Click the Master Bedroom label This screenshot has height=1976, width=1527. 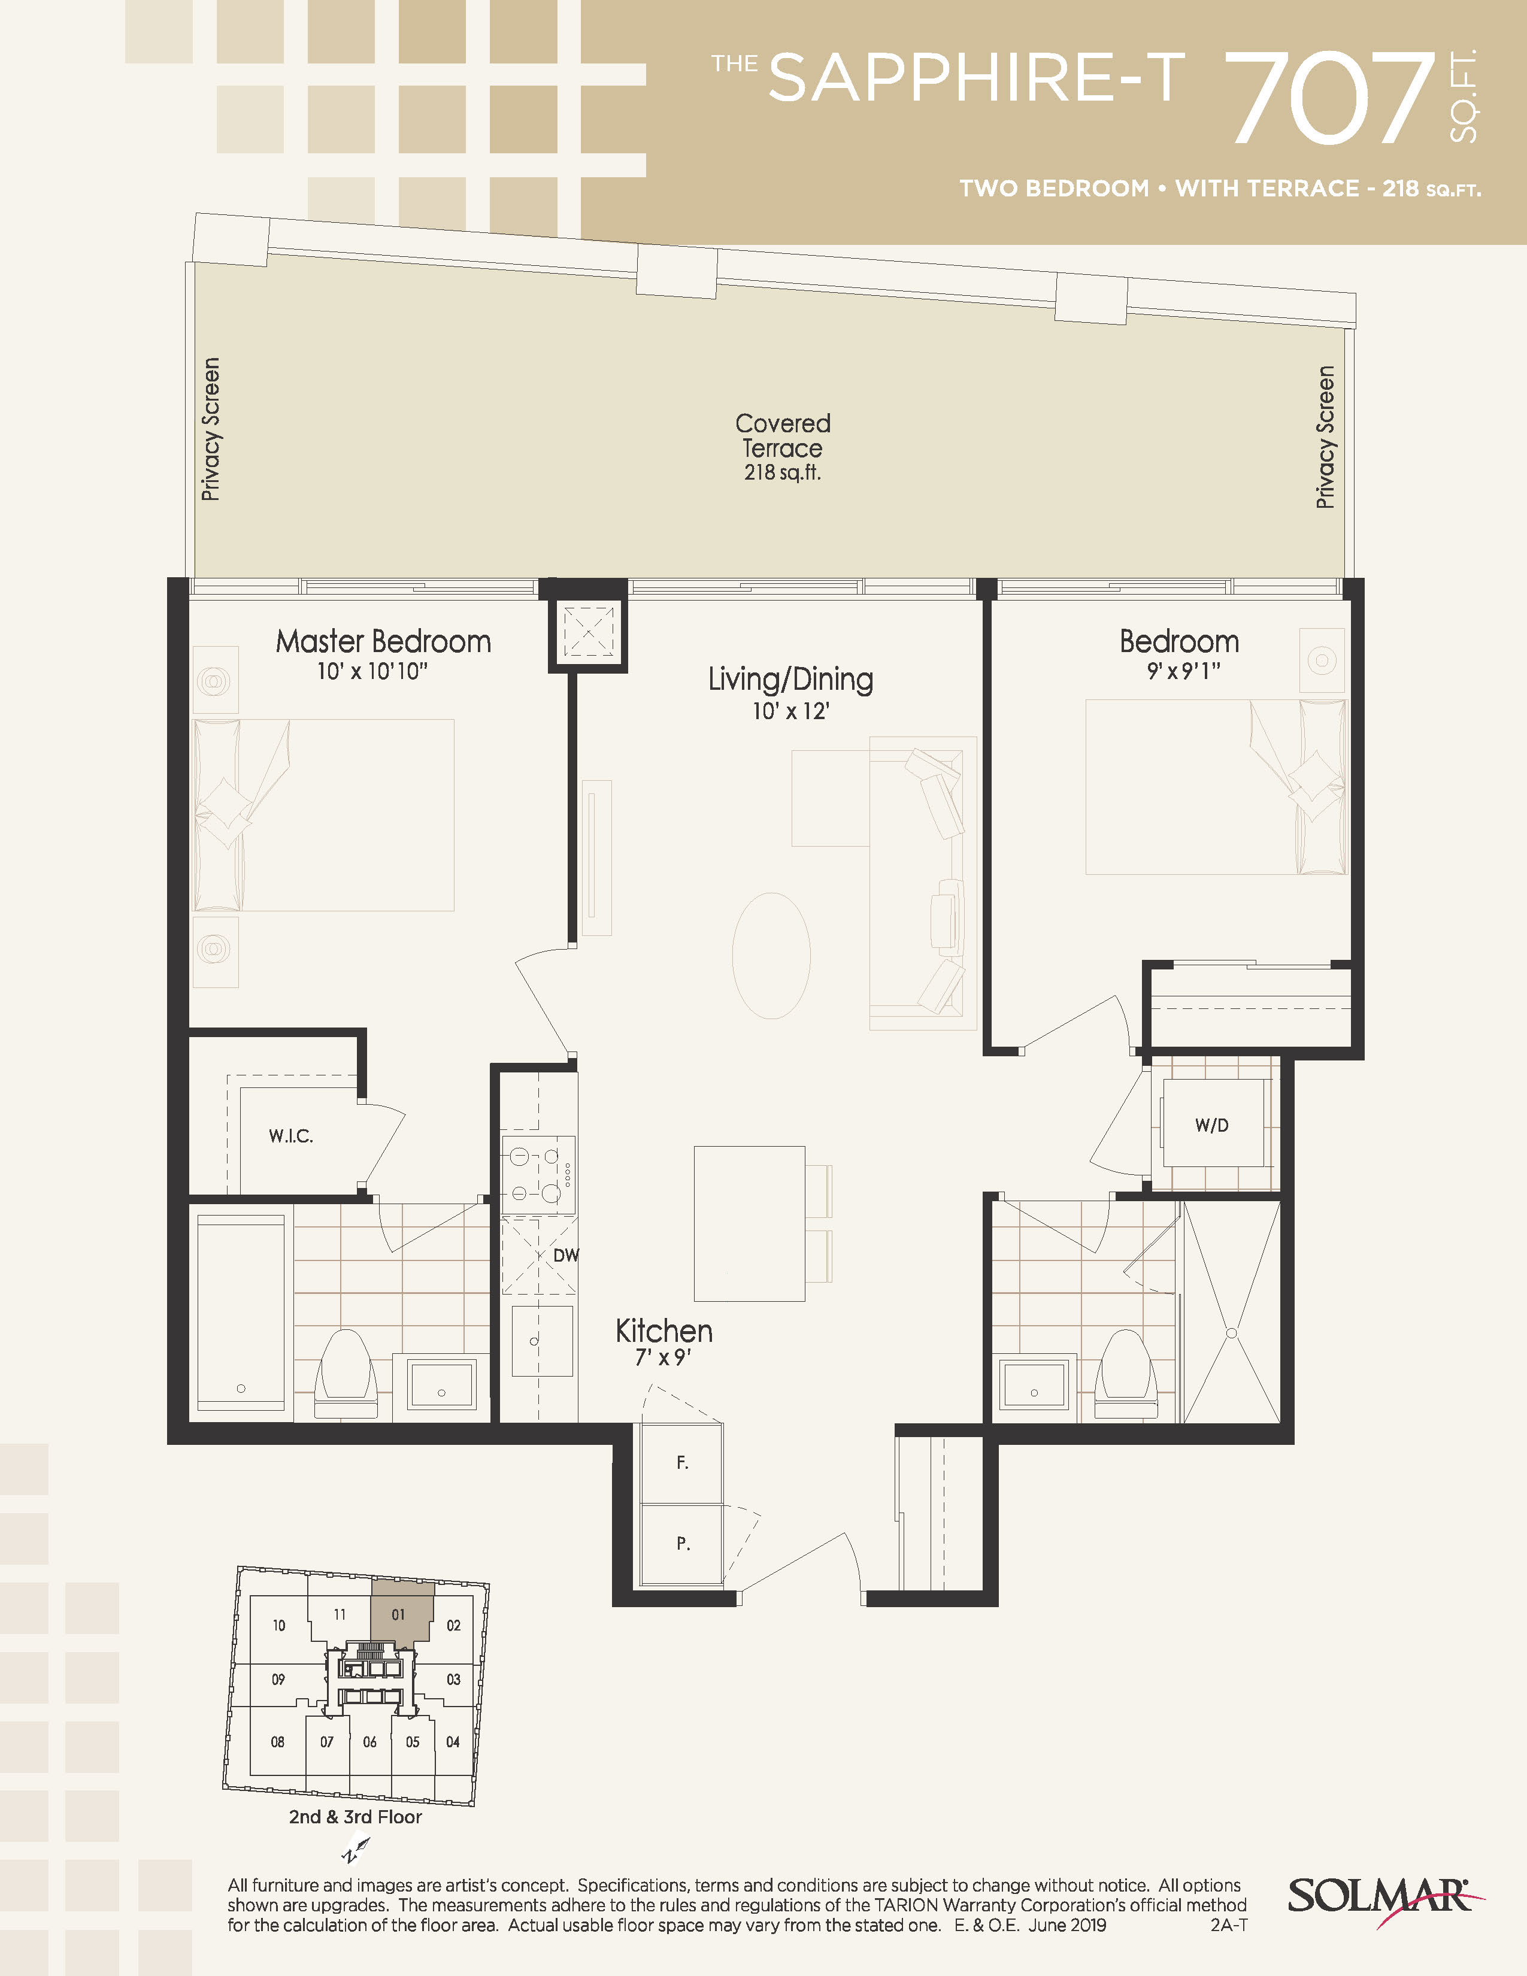[x=384, y=641]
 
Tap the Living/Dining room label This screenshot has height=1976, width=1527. [x=790, y=680]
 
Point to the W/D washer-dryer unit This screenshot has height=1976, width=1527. [x=1212, y=1125]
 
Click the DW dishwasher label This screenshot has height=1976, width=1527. [x=565, y=1255]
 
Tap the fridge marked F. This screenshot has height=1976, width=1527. [x=682, y=1463]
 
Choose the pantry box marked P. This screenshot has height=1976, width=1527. [x=682, y=1544]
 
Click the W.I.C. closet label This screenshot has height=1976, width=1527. [x=291, y=1136]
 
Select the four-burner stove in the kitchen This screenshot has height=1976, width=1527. [x=538, y=1174]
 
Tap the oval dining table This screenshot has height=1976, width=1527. [x=771, y=956]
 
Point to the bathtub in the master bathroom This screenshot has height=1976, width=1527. [x=241, y=1312]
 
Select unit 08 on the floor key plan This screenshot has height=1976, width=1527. [x=278, y=1742]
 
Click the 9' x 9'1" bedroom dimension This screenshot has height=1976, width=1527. [x=1183, y=671]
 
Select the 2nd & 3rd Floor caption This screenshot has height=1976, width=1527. [x=356, y=1817]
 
